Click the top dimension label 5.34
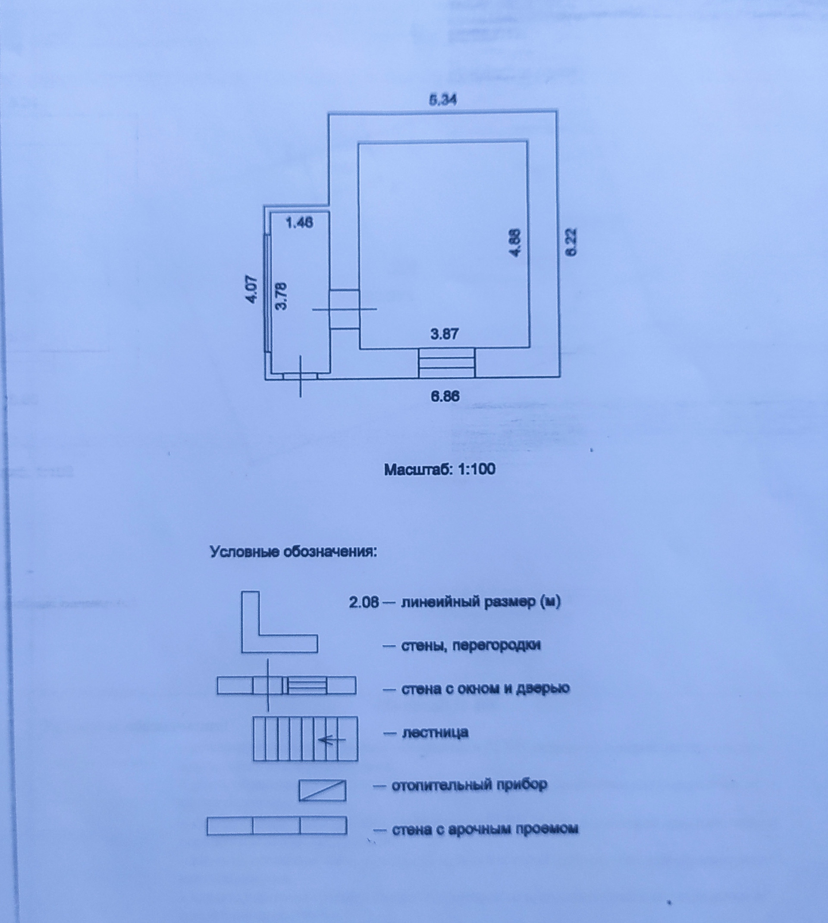[442, 100]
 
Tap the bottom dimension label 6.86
[445, 396]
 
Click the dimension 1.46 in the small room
[299, 223]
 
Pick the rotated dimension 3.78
[282, 296]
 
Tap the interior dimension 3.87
[444, 334]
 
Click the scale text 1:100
[477, 469]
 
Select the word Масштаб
[419, 469]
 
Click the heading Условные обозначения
[293, 552]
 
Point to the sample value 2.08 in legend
[364, 602]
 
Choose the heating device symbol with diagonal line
[322, 790]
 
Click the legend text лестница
[435, 733]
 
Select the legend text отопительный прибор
[469, 785]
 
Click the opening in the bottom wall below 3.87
[446, 363]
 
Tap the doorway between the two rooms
[344, 309]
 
